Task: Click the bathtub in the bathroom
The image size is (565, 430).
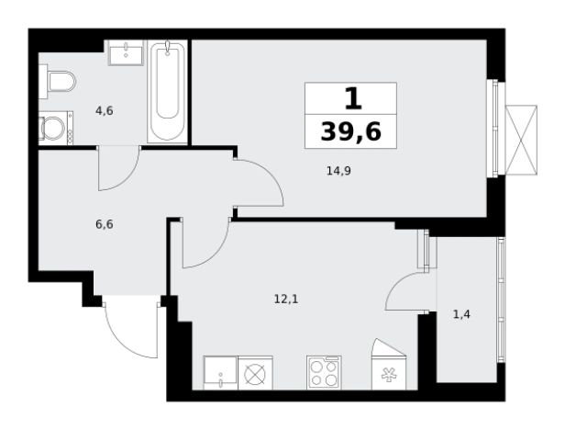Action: (x=167, y=91)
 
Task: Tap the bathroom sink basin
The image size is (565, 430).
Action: (x=126, y=52)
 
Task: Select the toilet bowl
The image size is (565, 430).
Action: (x=61, y=82)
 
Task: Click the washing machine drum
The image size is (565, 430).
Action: (x=53, y=128)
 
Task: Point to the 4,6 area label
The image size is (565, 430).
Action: (x=105, y=111)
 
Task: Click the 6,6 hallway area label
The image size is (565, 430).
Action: (x=105, y=224)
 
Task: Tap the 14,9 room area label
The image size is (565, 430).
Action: (x=338, y=171)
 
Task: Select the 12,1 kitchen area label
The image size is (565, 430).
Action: (x=286, y=299)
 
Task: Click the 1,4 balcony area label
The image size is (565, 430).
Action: (x=461, y=314)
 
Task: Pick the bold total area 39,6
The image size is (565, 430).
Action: (x=350, y=131)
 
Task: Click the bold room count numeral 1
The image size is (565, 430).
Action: (x=353, y=99)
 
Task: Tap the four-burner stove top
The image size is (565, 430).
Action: (x=324, y=373)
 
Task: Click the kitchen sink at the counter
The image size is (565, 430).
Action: (x=220, y=373)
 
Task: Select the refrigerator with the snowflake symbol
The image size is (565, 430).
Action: (x=389, y=373)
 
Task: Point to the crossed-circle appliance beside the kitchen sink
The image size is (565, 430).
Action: (x=255, y=373)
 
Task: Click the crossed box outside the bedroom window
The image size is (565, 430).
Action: (x=521, y=140)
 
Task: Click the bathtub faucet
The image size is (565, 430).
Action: (x=167, y=48)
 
